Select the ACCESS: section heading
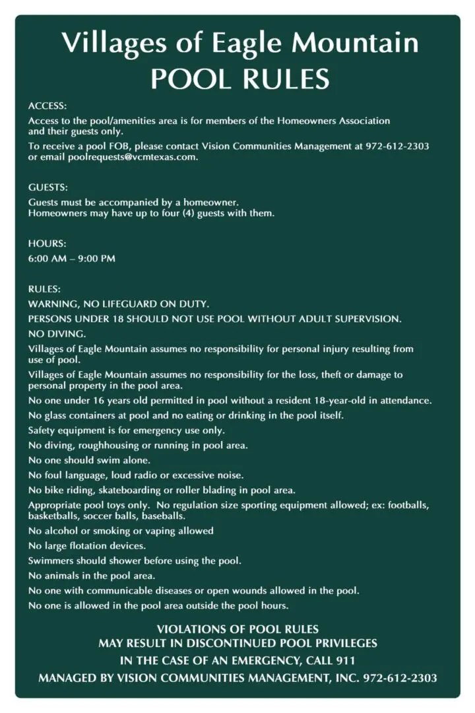point(47,106)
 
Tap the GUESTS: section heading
point(48,187)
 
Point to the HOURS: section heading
point(47,244)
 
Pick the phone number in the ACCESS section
point(397,146)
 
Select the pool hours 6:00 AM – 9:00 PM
point(71,259)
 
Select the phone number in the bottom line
point(400,678)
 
